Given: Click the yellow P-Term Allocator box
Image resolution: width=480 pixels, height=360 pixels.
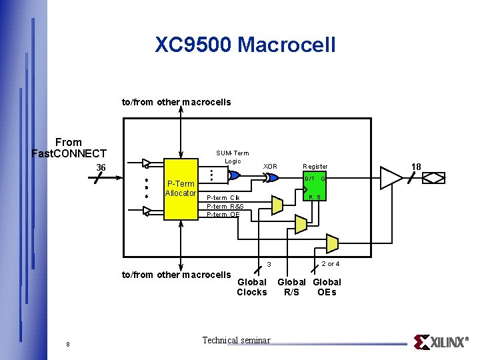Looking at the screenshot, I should (181, 189).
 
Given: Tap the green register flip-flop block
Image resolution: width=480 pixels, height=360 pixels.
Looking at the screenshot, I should (314, 187).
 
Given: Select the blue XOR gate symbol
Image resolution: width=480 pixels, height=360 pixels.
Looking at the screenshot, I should (271, 177).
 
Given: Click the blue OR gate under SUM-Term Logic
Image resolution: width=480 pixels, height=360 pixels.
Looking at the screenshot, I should (234, 176).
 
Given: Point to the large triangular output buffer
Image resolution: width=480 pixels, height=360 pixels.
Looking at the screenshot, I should (391, 177).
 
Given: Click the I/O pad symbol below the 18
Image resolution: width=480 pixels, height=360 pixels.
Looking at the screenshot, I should (434, 178).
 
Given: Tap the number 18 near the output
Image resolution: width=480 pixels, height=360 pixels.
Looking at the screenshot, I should (417, 165).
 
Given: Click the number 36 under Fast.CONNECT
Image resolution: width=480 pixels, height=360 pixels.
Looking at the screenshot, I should (101, 167).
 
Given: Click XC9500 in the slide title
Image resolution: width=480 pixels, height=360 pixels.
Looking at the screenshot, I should (193, 45).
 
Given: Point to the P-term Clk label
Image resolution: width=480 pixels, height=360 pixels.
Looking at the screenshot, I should (223, 197).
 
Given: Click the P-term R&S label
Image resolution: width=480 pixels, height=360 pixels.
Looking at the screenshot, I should (225, 206).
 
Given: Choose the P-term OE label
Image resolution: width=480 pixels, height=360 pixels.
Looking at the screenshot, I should (223, 214).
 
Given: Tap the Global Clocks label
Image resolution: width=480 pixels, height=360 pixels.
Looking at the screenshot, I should (252, 287).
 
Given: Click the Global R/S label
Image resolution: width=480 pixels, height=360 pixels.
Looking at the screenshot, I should (292, 287).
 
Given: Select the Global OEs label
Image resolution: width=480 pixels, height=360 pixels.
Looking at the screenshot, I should (327, 287).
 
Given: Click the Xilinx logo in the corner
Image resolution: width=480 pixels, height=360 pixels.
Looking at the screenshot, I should (441, 342).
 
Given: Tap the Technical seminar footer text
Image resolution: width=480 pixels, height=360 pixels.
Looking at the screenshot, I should (236, 341).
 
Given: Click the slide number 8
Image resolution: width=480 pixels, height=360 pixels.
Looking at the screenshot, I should (68, 344).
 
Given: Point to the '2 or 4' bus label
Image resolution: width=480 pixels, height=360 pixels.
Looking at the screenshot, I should (331, 264).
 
